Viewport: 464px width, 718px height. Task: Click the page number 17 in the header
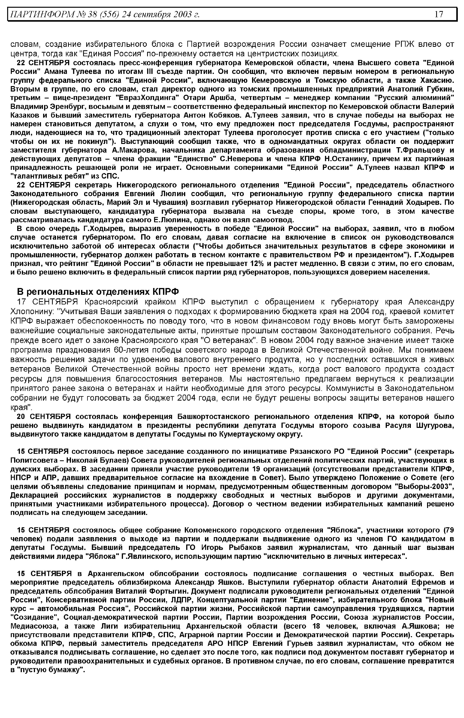pyautogui.click(x=439, y=14)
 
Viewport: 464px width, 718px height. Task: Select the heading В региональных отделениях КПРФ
pyautogui.click(x=98, y=292)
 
